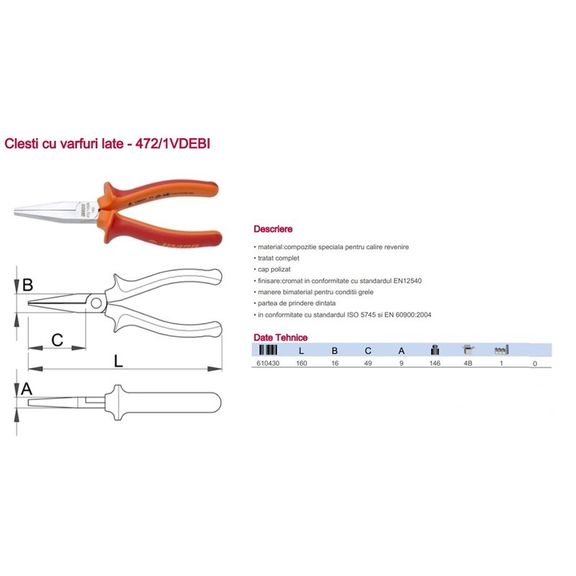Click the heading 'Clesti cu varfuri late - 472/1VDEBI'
click(x=107, y=143)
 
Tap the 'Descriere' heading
click(x=273, y=229)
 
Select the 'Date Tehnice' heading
click(x=281, y=337)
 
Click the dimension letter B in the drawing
click(x=27, y=284)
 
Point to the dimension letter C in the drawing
click(x=57, y=340)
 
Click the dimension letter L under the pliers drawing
click(x=118, y=361)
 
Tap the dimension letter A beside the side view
click(x=27, y=389)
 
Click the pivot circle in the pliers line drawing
click(x=96, y=303)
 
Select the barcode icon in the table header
click(x=268, y=350)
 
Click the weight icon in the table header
click(x=435, y=350)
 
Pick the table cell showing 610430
click(x=268, y=364)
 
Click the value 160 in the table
click(x=301, y=364)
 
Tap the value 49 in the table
click(x=368, y=364)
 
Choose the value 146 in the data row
click(x=435, y=364)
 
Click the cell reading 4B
click(x=467, y=364)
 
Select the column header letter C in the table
click(x=368, y=351)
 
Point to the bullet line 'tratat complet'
click(x=278, y=258)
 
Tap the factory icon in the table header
click(x=501, y=350)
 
